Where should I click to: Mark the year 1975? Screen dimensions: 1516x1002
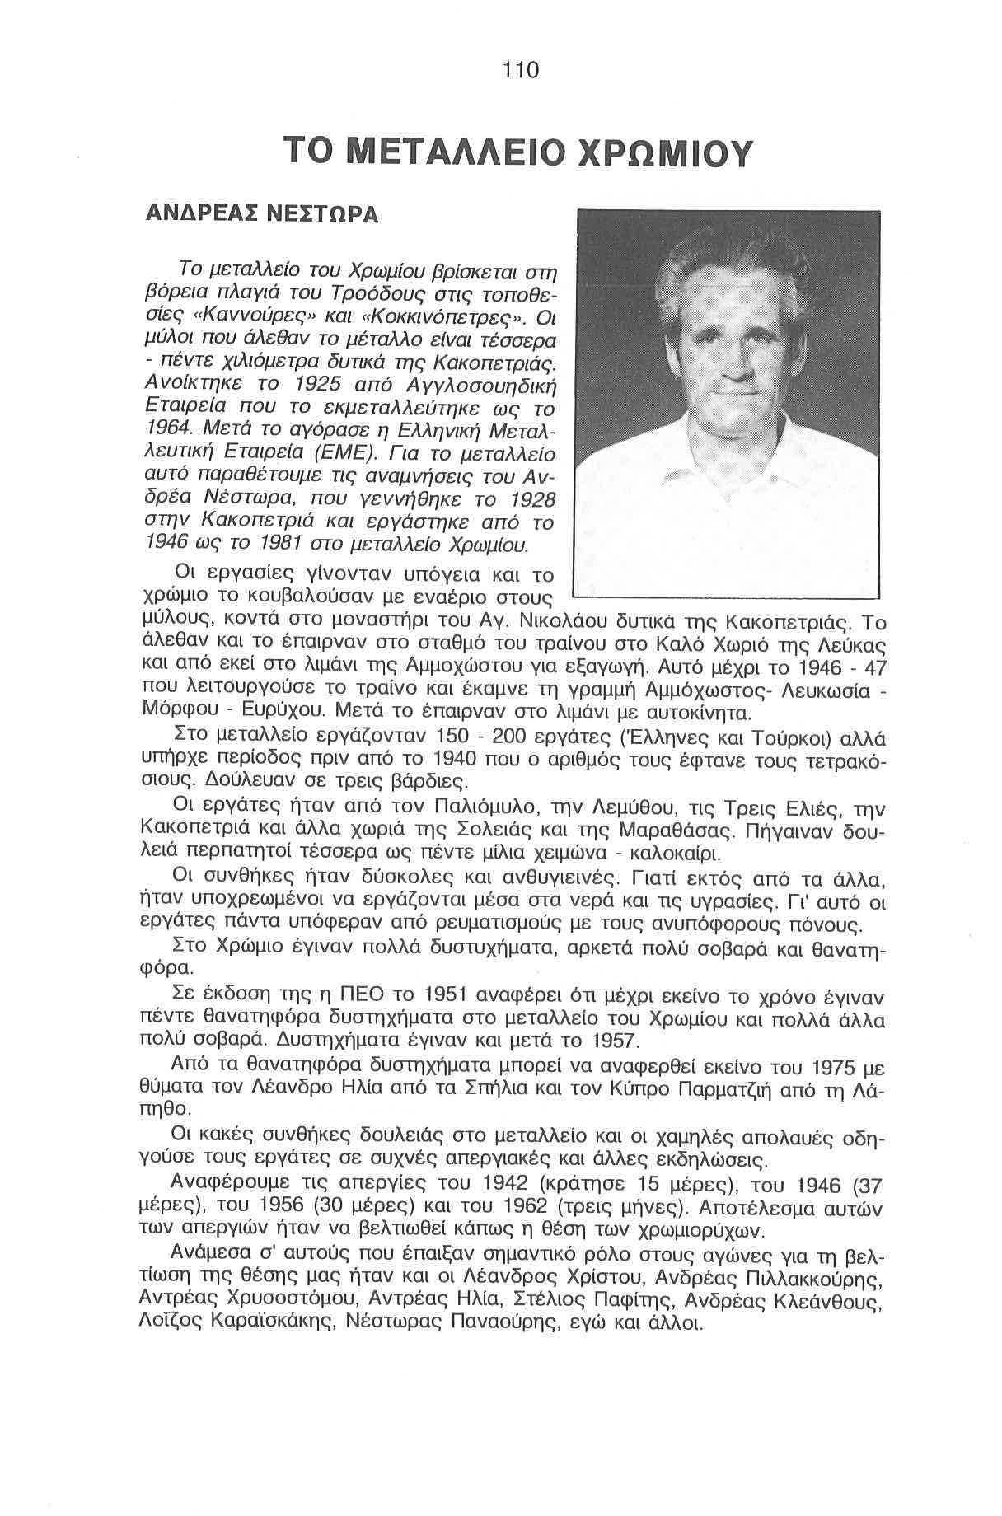point(834,1069)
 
